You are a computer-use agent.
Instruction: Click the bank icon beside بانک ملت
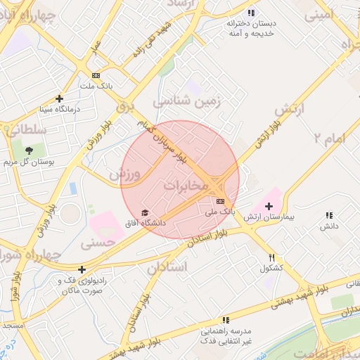tap(96, 75)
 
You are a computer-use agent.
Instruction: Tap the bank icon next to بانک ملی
tap(221, 201)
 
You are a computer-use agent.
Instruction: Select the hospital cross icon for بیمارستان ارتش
tap(269, 206)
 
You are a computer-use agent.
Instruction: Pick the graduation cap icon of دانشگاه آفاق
tap(146, 212)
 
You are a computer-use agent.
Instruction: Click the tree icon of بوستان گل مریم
tap(29, 150)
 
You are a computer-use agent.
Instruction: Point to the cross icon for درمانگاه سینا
tap(59, 99)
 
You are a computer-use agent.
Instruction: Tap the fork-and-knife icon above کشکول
tap(272, 257)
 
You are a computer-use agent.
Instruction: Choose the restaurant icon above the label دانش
tap(328, 216)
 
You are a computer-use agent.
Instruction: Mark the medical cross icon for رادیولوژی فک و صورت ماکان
tap(82, 269)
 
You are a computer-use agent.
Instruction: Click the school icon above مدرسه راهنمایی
tap(226, 320)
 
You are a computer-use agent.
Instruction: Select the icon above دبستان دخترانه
tap(251, 13)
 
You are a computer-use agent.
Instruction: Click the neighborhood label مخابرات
tap(186, 186)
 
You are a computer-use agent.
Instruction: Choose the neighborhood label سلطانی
tap(26, 129)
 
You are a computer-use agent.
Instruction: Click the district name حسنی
tap(96, 244)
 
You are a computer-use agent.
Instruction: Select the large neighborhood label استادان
tap(167, 267)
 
